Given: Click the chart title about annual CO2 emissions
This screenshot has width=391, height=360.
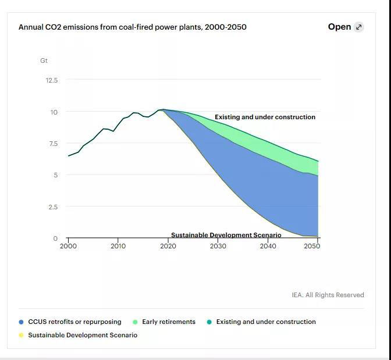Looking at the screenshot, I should tap(132, 27).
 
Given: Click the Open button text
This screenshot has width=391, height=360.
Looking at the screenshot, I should tap(339, 27).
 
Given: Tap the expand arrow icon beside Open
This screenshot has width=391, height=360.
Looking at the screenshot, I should tap(359, 27).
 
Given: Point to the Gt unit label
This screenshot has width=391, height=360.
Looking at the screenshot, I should tap(44, 60).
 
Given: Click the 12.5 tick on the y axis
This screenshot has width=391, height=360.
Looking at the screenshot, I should tap(52, 80).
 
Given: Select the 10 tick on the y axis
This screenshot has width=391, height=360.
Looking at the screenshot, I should tap(54, 112).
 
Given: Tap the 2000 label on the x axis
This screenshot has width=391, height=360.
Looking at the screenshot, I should tap(68, 247).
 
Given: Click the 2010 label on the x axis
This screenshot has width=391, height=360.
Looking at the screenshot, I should tap(118, 247).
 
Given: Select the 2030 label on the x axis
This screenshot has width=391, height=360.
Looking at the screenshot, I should tap(218, 247).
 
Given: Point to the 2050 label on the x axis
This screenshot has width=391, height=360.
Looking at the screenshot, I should tap(312, 247).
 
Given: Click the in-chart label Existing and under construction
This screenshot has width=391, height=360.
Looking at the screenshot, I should tap(265, 117).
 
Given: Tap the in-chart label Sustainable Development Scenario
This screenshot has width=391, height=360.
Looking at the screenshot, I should tap(226, 235).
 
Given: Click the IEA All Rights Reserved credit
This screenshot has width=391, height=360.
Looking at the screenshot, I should tap(328, 295).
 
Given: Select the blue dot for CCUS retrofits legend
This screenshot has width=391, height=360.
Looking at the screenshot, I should tap(22, 322).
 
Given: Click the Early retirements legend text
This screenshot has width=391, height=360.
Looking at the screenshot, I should tap(169, 322).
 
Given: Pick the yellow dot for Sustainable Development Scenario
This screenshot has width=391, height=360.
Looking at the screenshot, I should tap(22, 336).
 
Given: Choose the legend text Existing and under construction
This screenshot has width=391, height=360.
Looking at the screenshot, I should tap(266, 322).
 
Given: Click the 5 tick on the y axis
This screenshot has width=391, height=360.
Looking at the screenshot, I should tap(55, 175).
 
